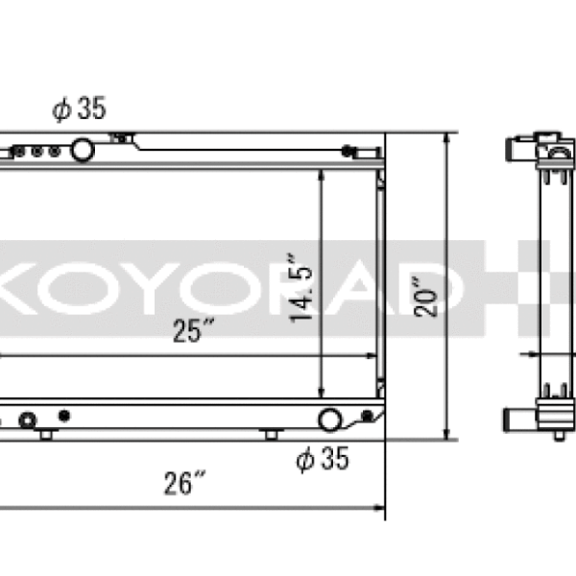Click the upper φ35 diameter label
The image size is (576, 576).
[79, 110]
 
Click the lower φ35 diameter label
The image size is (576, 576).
[323, 461]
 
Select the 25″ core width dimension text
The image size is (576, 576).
[192, 333]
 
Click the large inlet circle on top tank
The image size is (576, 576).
[83, 149]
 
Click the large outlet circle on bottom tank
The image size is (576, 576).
[330, 420]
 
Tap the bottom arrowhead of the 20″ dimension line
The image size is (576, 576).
[446, 434]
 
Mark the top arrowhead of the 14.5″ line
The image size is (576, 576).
[321, 177]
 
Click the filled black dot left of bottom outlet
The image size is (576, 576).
[64, 415]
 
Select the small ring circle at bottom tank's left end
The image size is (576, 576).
[28, 420]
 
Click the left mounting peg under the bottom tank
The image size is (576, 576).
[45, 435]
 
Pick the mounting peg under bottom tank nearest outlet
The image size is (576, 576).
[272, 435]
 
